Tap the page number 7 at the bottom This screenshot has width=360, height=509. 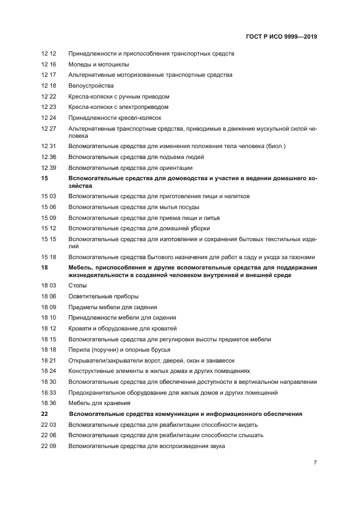tap(315, 463)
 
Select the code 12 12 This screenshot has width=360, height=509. tap(48, 53)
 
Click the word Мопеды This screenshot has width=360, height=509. tap(80, 64)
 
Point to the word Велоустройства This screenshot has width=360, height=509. tap(90, 86)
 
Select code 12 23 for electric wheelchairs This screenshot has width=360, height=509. tap(48, 107)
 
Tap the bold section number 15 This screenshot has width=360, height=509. tap(45, 179)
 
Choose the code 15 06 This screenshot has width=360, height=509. tap(48, 207)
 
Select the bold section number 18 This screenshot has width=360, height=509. tap(45, 268)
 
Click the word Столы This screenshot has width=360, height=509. tap(77, 286)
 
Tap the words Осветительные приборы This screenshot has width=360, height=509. tap(103, 297)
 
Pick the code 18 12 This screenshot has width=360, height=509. tap(48, 329)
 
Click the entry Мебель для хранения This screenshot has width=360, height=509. tap(99, 403)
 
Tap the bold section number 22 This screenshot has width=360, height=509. tap(45, 414)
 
